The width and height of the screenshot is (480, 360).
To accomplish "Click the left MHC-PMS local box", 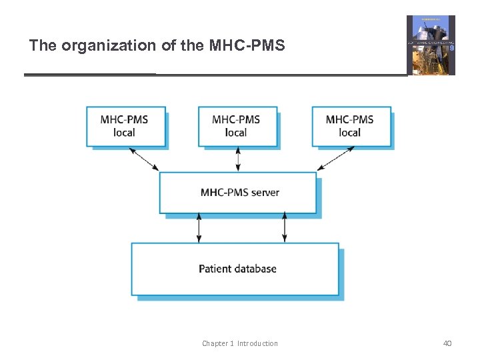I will pos(125,126).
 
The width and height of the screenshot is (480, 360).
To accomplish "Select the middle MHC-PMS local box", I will pos(237,126).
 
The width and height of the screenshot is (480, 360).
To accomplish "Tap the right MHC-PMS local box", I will pos(350,126).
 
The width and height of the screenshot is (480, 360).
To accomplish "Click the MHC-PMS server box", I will pos(238,193).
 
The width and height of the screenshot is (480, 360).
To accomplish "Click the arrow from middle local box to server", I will pos(238,159).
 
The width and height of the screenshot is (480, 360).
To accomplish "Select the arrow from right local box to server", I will pos(336,159).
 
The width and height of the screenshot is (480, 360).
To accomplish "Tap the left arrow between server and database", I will pos(199,228).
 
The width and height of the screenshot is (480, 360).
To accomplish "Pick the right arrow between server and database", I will pos(285,228).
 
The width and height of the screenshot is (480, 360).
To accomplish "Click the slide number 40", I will pos(447,343).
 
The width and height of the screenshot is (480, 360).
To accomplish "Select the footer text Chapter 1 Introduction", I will pos(240,343).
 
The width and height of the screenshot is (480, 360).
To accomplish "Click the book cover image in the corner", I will pos(431,45).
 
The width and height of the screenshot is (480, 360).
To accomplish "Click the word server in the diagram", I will pos(265,193).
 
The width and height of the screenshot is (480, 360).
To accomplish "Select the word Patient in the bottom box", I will pos(215,269).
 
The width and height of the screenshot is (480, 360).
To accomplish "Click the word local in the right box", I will pos(350,132).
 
